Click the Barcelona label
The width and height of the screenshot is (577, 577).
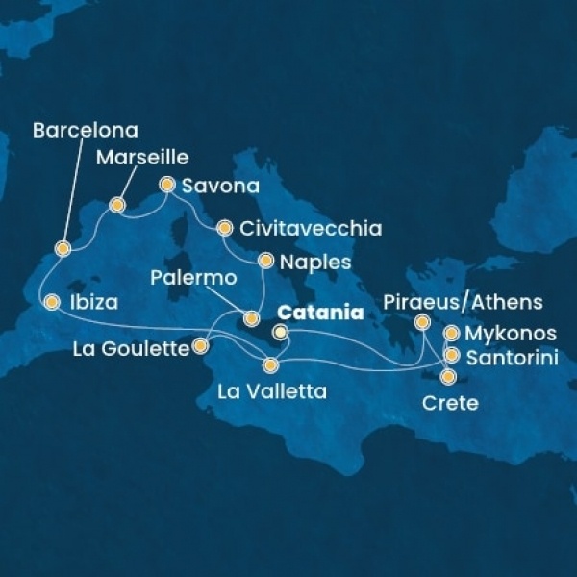click(86, 130)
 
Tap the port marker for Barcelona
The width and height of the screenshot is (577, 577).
click(63, 248)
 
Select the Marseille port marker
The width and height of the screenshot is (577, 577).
click(117, 205)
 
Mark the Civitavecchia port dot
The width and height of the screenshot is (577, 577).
click(224, 229)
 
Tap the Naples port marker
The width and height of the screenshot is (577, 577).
click(265, 261)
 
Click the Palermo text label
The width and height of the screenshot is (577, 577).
click(194, 279)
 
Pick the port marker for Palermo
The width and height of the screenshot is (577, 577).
click(252, 317)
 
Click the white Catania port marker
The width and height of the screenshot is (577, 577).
click(280, 333)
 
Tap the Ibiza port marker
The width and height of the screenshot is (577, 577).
click(52, 302)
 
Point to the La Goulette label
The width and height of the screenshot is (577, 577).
click(131, 349)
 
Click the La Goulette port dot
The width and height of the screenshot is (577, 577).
click(202, 344)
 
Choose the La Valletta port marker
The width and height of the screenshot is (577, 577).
click(271, 365)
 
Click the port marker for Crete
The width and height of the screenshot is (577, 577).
click(447, 376)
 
